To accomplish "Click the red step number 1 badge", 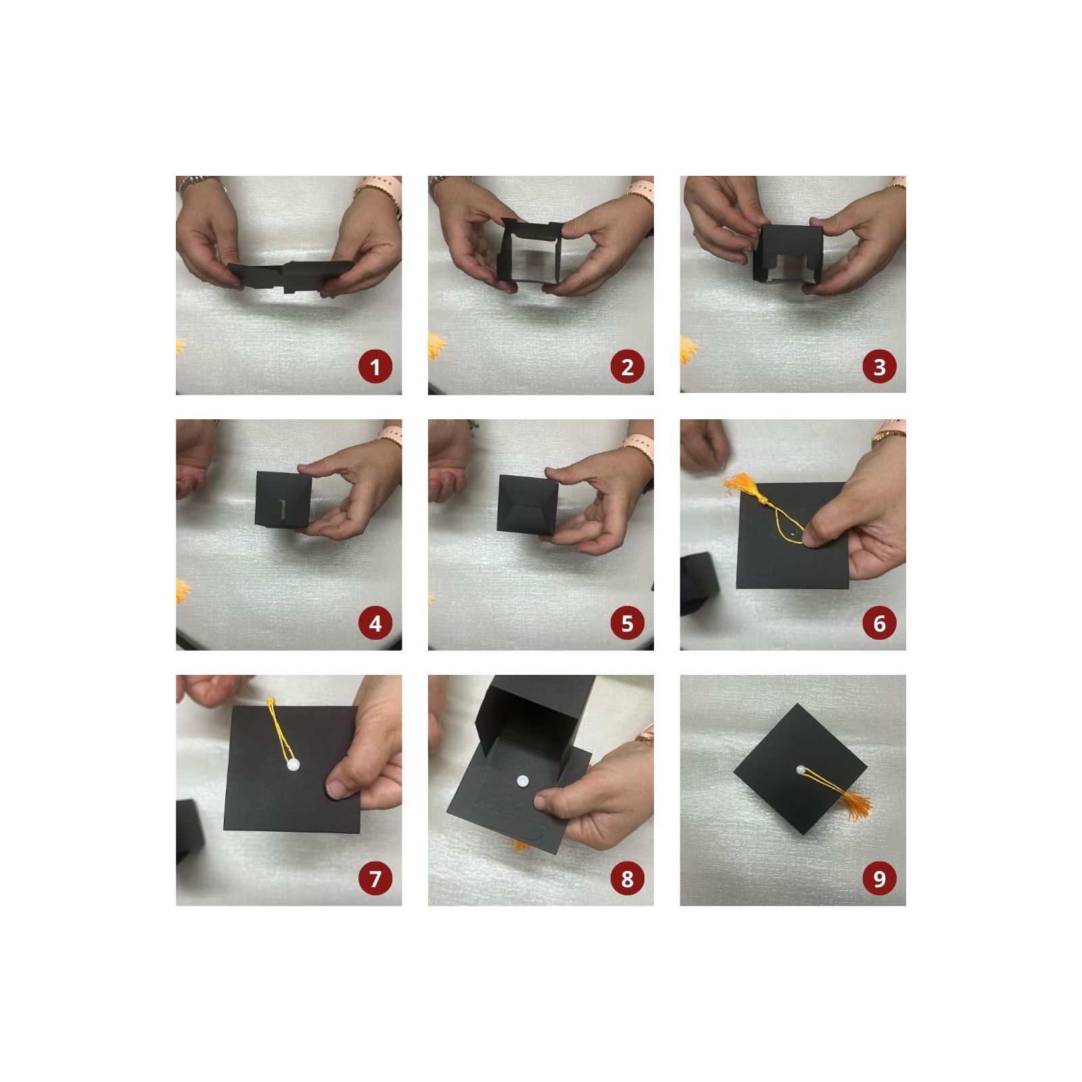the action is coord(375,367).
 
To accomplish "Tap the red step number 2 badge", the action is coord(627,367).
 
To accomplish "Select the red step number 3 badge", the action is coord(879,367).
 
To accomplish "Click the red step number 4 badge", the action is coord(375,623).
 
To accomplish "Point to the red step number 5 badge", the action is coord(627,623).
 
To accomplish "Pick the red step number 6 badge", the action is coord(879,623).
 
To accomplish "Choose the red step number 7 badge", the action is coord(375,878).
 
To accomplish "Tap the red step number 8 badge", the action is coord(627,878).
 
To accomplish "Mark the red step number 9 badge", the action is coord(879,878).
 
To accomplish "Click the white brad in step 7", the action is coord(293,766).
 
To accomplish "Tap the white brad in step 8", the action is coord(523,782).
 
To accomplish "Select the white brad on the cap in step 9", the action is coord(800,770).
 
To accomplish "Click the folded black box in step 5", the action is coord(527,504).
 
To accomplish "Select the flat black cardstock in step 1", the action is coord(291,275).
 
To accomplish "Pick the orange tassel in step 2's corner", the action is coord(437,346).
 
